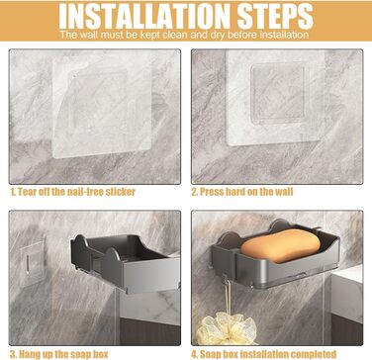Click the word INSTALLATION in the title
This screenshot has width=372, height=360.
145,16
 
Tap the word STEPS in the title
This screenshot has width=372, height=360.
275,16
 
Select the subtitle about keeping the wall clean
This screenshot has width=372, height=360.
184,35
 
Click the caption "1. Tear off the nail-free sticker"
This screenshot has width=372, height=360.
72,192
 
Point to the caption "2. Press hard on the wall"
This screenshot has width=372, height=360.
242,192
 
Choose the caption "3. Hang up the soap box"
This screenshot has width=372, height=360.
58,354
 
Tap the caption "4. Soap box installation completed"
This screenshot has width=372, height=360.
263,354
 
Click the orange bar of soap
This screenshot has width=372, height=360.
280,245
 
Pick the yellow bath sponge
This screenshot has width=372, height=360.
227,329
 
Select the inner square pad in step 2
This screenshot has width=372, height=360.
277,94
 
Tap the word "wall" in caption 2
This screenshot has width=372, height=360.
283,192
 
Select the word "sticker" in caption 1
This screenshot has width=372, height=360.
120,192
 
